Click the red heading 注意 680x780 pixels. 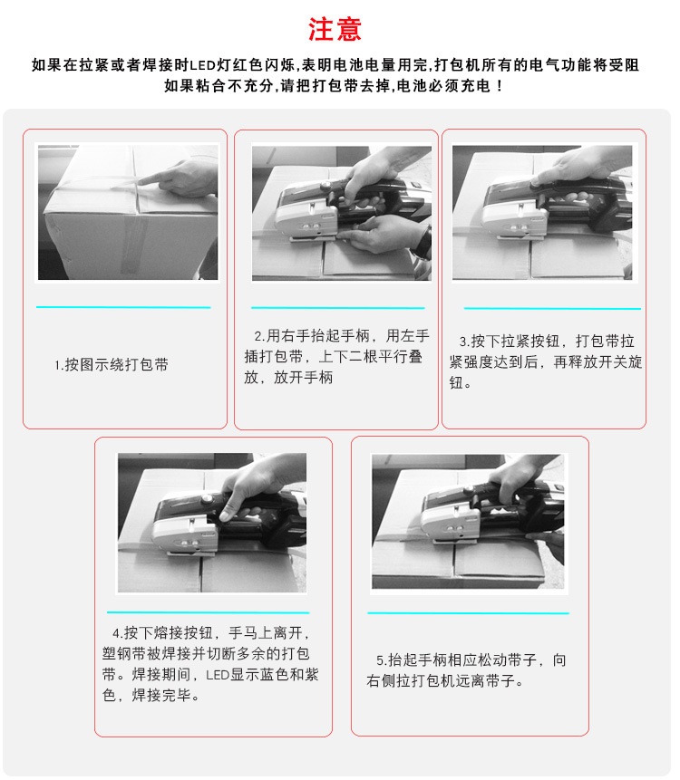[x=335, y=29]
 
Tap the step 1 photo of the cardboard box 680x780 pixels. [x=127, y=212]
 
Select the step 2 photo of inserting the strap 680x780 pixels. [x=340, y=213]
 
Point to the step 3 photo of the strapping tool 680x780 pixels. [x=542, y=213]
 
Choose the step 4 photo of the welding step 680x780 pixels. [x=211, y=523]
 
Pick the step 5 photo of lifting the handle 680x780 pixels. [x=468, y=523]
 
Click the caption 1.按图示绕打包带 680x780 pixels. [x=112, y=365]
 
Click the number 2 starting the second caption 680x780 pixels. [x=257, y=336]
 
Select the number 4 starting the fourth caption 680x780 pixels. [x=116, y=632]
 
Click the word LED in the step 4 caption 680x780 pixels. [x=217, y=675]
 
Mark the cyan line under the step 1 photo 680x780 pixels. [x=123, y=307]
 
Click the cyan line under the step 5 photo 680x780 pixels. [x=468, y=613]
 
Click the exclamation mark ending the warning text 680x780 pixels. [x=500, y=86]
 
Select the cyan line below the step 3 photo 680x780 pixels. [x=552, y=309]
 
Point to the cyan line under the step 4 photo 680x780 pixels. [x=208, y=613]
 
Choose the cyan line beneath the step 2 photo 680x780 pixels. [x=337, y=308]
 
